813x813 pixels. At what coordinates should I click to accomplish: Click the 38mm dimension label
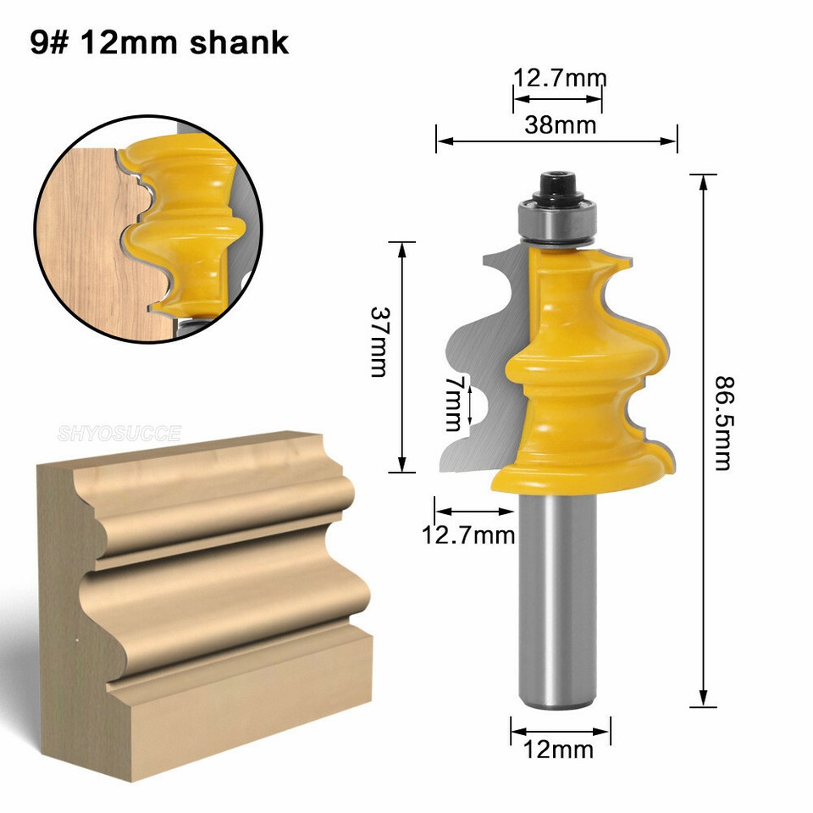click(559, 125)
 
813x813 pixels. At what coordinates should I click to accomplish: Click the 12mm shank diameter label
click(560, 749)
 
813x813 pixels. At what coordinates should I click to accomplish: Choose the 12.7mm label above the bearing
click(560, 79)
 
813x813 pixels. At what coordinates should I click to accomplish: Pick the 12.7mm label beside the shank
click(468, 534)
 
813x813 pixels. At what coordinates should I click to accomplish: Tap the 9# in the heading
click(48, 42)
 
